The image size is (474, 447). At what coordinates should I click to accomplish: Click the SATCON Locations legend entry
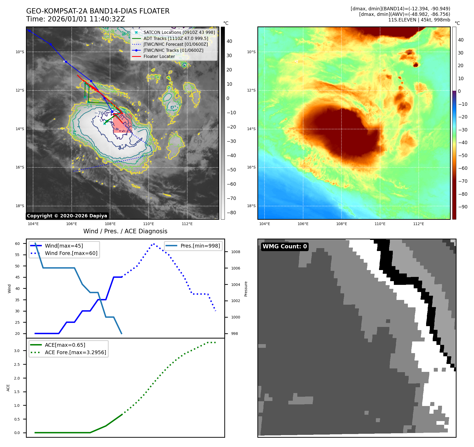[179, 32]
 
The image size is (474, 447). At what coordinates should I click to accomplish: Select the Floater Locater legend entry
[159, 56]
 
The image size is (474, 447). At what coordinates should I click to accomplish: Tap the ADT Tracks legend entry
[176, 38]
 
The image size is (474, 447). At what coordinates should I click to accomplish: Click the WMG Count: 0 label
[285, 247]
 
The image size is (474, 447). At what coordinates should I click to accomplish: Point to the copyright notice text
[67, 216]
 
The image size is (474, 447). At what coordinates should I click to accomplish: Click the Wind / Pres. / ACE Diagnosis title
[125, 231]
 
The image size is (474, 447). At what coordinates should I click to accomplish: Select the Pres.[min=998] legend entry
[200, 246]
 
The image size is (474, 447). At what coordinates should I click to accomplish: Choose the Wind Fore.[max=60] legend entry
[71, 253]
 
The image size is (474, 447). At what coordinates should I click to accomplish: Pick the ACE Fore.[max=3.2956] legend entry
[75, 352]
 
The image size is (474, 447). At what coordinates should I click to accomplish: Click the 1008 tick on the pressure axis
[235, 252]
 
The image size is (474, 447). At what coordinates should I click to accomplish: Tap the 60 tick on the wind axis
[17, 244]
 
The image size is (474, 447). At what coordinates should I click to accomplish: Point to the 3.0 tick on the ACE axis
[17, 351]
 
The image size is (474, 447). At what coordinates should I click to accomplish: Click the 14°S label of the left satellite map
[20, 129]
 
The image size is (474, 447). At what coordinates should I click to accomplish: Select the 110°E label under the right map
[380, 224]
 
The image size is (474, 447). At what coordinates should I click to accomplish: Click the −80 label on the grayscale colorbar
[231, 213]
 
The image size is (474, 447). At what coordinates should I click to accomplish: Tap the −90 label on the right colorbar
[463, 207]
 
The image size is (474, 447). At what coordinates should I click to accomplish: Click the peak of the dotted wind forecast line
[154, 244]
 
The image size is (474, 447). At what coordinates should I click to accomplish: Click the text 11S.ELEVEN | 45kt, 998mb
[419, 20]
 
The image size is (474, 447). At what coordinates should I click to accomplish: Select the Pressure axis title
[246, 289]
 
